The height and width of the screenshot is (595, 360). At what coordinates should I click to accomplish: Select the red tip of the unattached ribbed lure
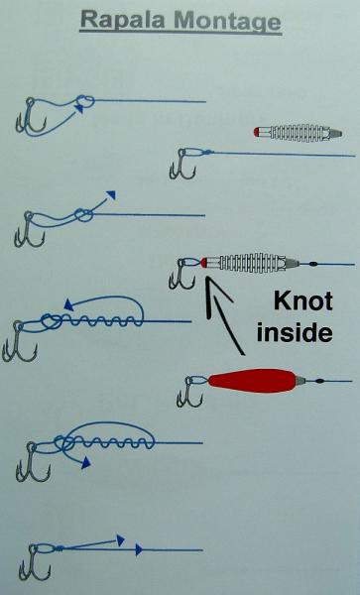pos(259,132)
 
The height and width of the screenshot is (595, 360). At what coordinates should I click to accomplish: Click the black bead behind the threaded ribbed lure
pos(313,264)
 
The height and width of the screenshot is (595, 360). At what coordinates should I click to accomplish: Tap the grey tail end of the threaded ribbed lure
pos(291,263)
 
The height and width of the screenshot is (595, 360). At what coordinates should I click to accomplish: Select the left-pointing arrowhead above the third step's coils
pos(68,302)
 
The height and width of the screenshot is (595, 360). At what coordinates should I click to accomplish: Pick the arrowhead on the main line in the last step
pos(140,548)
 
